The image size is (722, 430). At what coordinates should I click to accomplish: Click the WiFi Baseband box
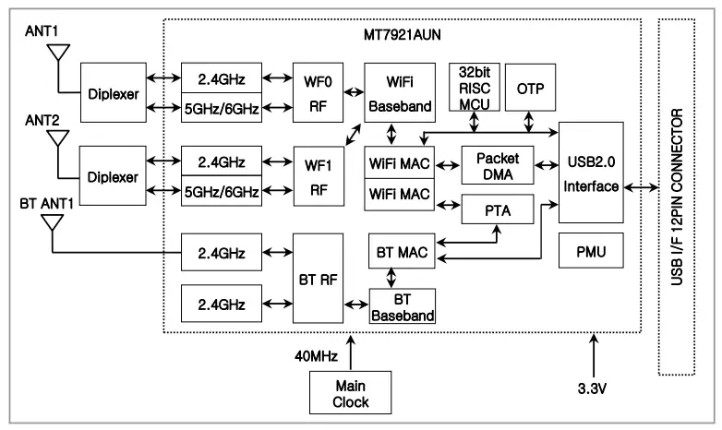(399, 93)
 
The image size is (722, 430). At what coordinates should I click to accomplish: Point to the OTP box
(527, 90)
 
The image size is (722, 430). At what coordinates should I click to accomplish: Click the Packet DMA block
(498, 165)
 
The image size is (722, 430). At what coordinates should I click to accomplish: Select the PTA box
(498, 211)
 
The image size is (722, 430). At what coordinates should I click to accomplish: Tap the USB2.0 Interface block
(591, 173)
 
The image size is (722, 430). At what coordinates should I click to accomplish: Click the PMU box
(591, 250)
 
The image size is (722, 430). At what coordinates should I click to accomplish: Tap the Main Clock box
(351, 394)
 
